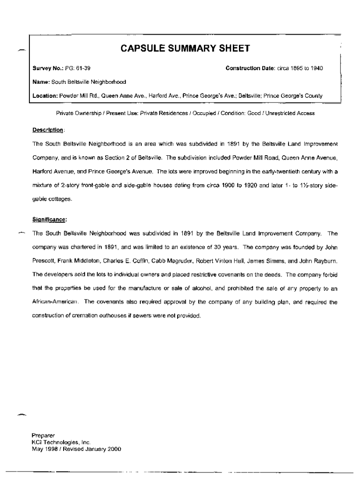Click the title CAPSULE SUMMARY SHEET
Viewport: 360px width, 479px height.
coord(185,49)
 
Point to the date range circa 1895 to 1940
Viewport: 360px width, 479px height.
coord(300,69)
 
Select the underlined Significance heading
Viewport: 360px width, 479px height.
coord(49,219)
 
